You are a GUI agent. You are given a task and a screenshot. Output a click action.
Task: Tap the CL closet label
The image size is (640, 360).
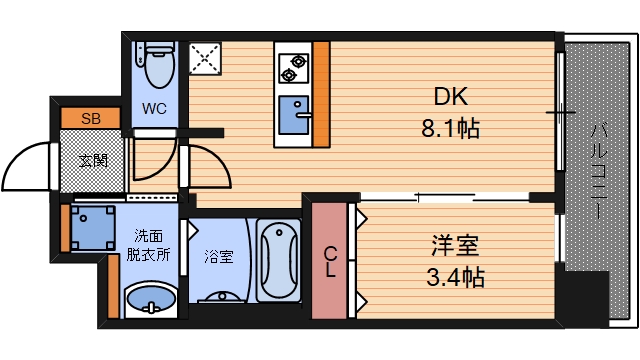[330, 262]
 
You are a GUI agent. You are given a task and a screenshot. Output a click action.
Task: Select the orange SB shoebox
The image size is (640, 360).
[91, 118]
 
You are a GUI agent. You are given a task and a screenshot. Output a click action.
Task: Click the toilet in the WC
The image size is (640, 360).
[157, 66]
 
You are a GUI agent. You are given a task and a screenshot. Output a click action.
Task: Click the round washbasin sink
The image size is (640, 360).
[151, 299]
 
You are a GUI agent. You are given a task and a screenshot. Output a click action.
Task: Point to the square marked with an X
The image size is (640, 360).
[206, 59]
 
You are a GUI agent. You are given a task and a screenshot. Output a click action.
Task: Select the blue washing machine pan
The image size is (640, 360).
[92, 227]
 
